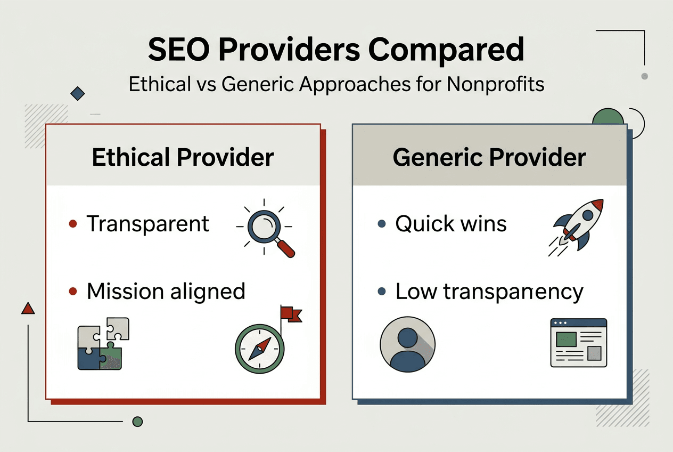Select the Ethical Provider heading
point(183,158)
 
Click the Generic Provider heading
point(489,158)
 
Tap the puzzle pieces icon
point(103,344)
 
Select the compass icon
point(259,349)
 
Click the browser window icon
point(578,343)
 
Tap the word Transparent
point(148,224)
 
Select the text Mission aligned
point(166,292)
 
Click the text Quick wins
point(450,224)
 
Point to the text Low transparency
point(489,292)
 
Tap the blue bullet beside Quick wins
point(381,224)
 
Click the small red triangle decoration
point(28,308)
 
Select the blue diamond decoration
point(78,94)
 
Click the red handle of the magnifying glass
point(285,248)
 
